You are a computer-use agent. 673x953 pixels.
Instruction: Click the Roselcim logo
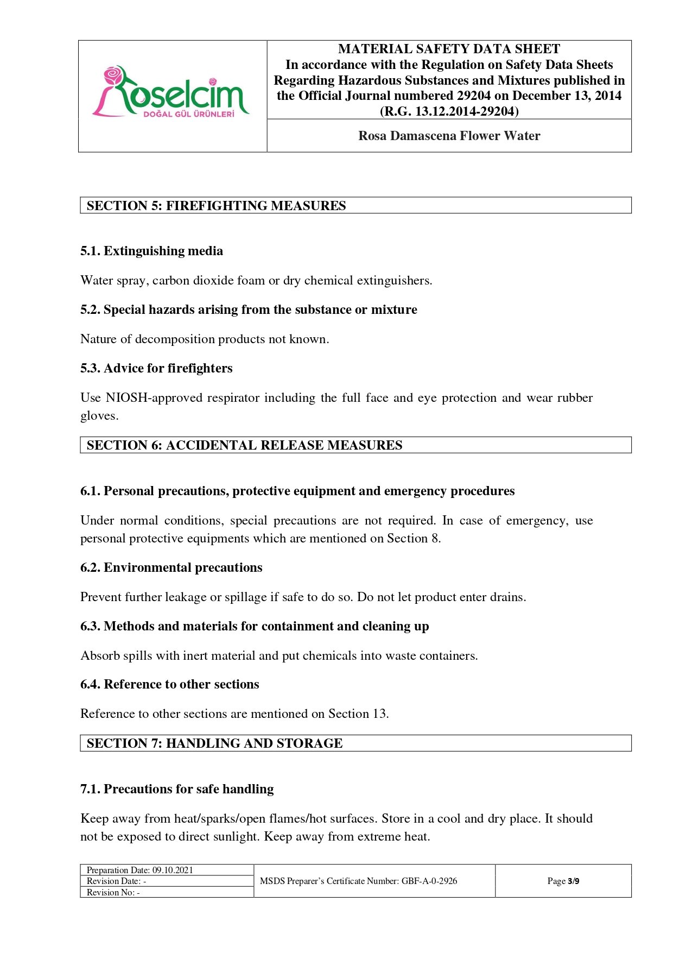(x=171, y=92)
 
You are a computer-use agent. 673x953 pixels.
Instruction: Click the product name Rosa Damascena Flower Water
(x=449, y=136)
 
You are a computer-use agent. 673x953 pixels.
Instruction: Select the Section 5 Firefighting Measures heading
(x=216, y=206)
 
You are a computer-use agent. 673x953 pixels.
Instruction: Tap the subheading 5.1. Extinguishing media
(x=151, y=251)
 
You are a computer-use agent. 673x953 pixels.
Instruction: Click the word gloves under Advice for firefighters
(x=99, y=416)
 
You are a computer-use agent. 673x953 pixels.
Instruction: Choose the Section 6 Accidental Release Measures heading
(x=244, y=445)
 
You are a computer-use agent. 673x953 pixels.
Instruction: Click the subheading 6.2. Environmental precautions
(x=171, y=567)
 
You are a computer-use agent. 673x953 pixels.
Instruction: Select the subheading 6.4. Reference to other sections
(x=169, y=684)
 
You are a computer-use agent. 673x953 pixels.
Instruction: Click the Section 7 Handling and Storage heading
(x=214, y=743)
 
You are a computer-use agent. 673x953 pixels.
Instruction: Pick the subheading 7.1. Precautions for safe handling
(x=177, y=789)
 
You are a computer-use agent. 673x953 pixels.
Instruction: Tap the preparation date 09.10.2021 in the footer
(x=173, y=870)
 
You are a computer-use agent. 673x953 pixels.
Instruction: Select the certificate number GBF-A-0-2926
(x=429, y=881)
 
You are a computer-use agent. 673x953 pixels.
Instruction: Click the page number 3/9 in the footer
(x=573, y=881)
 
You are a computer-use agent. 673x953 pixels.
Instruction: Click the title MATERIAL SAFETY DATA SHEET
(x=449, y=49)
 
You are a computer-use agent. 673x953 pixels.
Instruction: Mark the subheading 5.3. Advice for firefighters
(x=156, y=368)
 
